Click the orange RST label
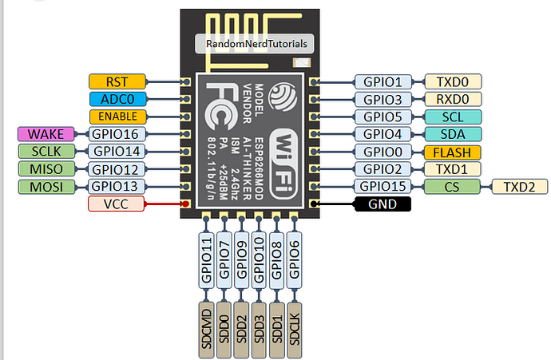(118, 81)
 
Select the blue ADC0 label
(118, 98)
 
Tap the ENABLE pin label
(118, 116)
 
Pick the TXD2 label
(521, 187)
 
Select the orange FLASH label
(453, 152)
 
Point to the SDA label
(453, 133)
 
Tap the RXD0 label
(453, 98)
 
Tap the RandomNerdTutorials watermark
(255, 45)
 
